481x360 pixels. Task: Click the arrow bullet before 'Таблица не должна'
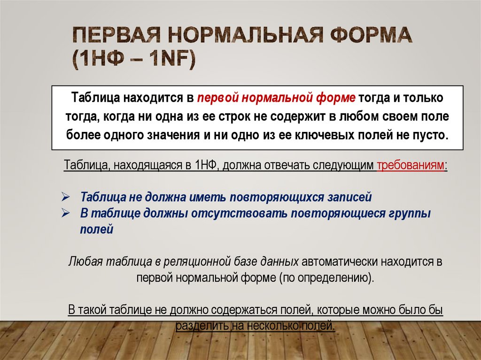[66, 196]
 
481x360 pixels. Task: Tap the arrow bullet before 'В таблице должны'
[66, 213]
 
